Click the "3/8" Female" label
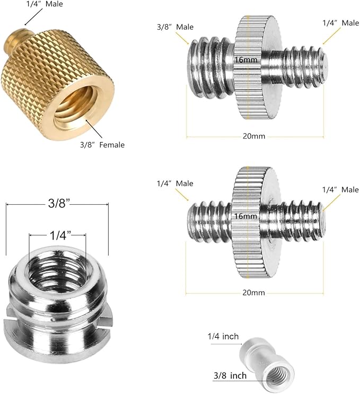(102, 145)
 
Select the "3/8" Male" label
(175, 27)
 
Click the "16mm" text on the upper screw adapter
(246, 60)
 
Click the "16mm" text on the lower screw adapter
(246, 216)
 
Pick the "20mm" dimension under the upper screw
(254, 136)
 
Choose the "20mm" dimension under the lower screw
(254, 293)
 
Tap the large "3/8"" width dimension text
(59, 203)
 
